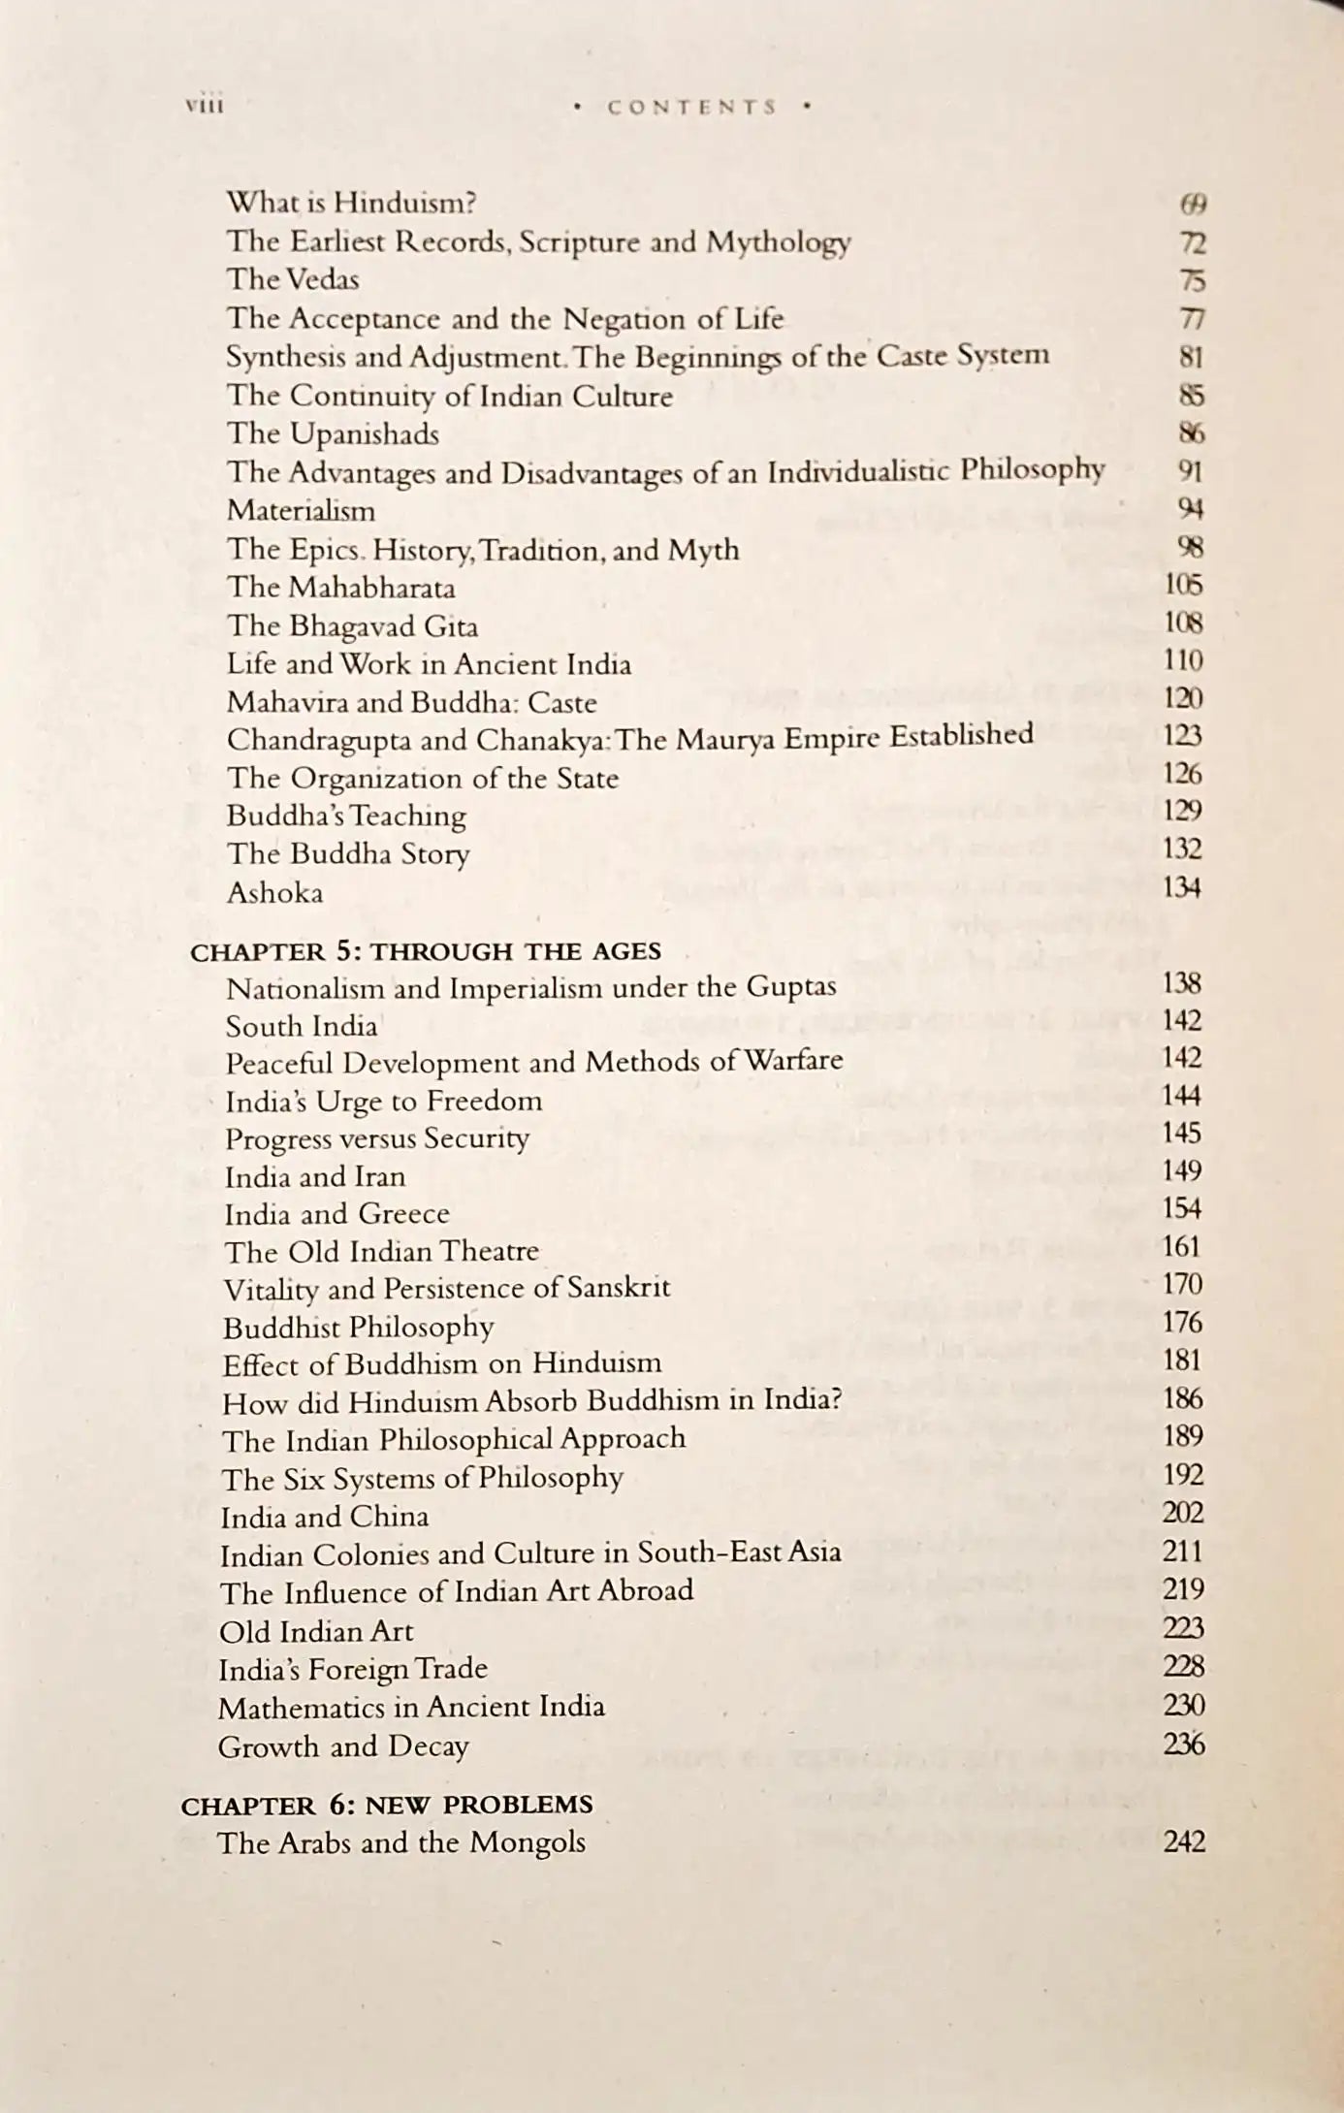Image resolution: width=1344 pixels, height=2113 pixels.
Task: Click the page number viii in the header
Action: (x=204, y=105)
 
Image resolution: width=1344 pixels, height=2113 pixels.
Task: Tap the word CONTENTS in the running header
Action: (x=692, y=107)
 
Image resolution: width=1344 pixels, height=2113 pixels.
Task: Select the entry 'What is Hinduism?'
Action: (x=351, y=203)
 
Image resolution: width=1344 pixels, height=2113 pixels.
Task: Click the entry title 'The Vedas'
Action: (x=293, y=279)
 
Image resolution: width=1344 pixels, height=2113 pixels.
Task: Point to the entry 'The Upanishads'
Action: (x=333, y=433)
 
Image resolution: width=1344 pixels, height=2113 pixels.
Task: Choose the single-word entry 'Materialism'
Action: (x=301, y=510)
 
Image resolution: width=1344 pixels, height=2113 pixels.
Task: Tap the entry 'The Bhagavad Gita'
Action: (x=352, y=625)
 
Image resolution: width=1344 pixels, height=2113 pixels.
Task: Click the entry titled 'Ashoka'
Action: (x=274, y=892)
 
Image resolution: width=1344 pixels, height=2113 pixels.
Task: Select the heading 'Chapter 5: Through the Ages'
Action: (x=426, y=951)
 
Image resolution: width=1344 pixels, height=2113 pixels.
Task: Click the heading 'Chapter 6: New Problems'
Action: (x=387, y=1805)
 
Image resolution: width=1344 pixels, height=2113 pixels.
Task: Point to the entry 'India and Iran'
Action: (x=315, y=1176)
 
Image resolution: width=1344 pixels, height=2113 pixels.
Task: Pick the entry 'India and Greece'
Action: (x=337, y=1214)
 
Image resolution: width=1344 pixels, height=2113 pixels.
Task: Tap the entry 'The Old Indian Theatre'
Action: (x=382, y=1252)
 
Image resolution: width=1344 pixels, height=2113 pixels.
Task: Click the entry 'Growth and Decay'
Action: (x=343, y=1746)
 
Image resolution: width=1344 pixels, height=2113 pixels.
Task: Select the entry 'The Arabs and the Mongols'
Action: (x=401, y=1842)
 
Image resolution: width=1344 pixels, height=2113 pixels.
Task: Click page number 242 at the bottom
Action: (x=1183, y=1841)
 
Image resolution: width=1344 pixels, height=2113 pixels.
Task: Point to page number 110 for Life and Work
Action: (x=1183, y=661)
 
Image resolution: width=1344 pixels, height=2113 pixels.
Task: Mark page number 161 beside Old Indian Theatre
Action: (x=1182, y=1246)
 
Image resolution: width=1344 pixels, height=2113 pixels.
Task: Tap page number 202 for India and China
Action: (x=1183, y=1513)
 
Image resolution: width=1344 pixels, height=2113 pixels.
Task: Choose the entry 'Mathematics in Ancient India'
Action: (x=411, y=1707)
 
